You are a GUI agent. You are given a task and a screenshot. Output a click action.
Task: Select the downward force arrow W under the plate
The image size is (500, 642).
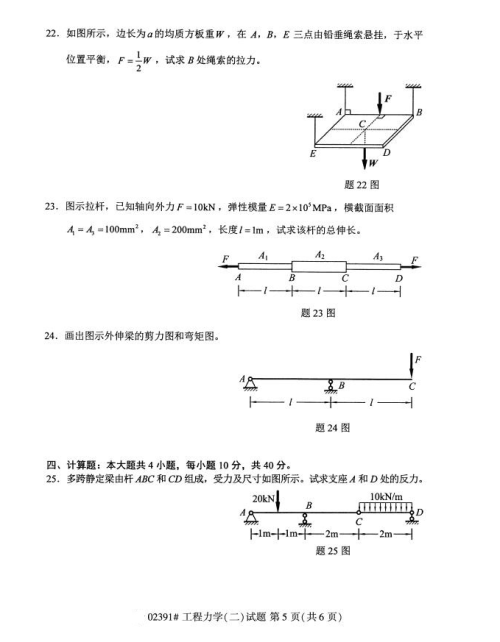365,158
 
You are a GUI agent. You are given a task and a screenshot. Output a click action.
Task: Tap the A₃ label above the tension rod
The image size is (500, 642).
376,257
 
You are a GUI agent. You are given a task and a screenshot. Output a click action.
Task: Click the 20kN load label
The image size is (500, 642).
264,497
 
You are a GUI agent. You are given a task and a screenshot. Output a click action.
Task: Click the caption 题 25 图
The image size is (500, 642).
331,549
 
